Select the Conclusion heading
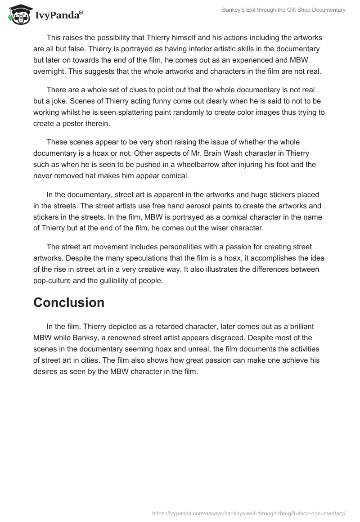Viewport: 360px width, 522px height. click(69, 302)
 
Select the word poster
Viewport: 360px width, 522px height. click(69, 123)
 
